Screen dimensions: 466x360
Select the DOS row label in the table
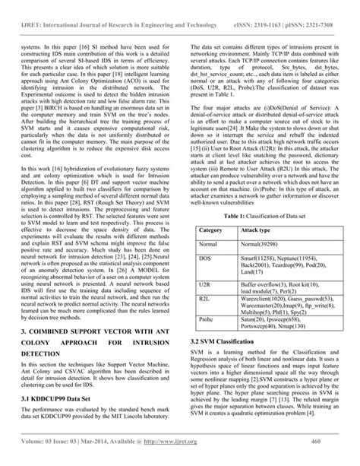205,239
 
